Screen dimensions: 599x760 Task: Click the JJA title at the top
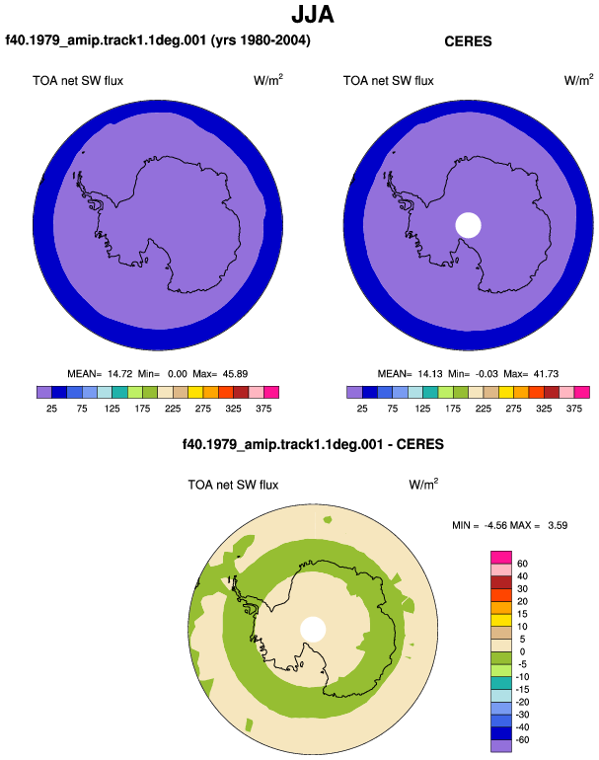[x=313, y=15]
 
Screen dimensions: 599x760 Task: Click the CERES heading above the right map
[x=468, y=41]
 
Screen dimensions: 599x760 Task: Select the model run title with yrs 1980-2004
[x=158, y=40]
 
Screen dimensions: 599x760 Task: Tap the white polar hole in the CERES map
[x=468, y=225]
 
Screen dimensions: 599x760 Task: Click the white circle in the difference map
[x=313, y=629]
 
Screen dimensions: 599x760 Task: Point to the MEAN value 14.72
[x=119, y=374]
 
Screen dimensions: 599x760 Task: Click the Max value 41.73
[x=546, y=374]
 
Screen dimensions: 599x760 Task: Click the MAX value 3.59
[x=558, y=525]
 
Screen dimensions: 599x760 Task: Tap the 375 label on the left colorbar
[x=263, y=409]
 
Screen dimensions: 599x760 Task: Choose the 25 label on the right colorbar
[x=362, y=409]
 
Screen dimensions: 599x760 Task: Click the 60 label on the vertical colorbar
[x=522, y=564]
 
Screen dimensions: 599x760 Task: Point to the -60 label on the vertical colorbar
[x=521, y=740]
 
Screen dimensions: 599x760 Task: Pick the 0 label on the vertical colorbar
[x=522, y=651]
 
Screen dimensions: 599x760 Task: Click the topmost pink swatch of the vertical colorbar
[x=501, y=558]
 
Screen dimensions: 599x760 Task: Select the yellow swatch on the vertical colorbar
[x=501, y=621]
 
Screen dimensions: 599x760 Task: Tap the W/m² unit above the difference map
[x=423, y=484]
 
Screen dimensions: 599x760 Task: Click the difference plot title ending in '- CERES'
[x=313, y=444]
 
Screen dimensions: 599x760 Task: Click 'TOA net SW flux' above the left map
[x=78, y=81]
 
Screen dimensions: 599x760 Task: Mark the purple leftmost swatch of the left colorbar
[x=44, y=392]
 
